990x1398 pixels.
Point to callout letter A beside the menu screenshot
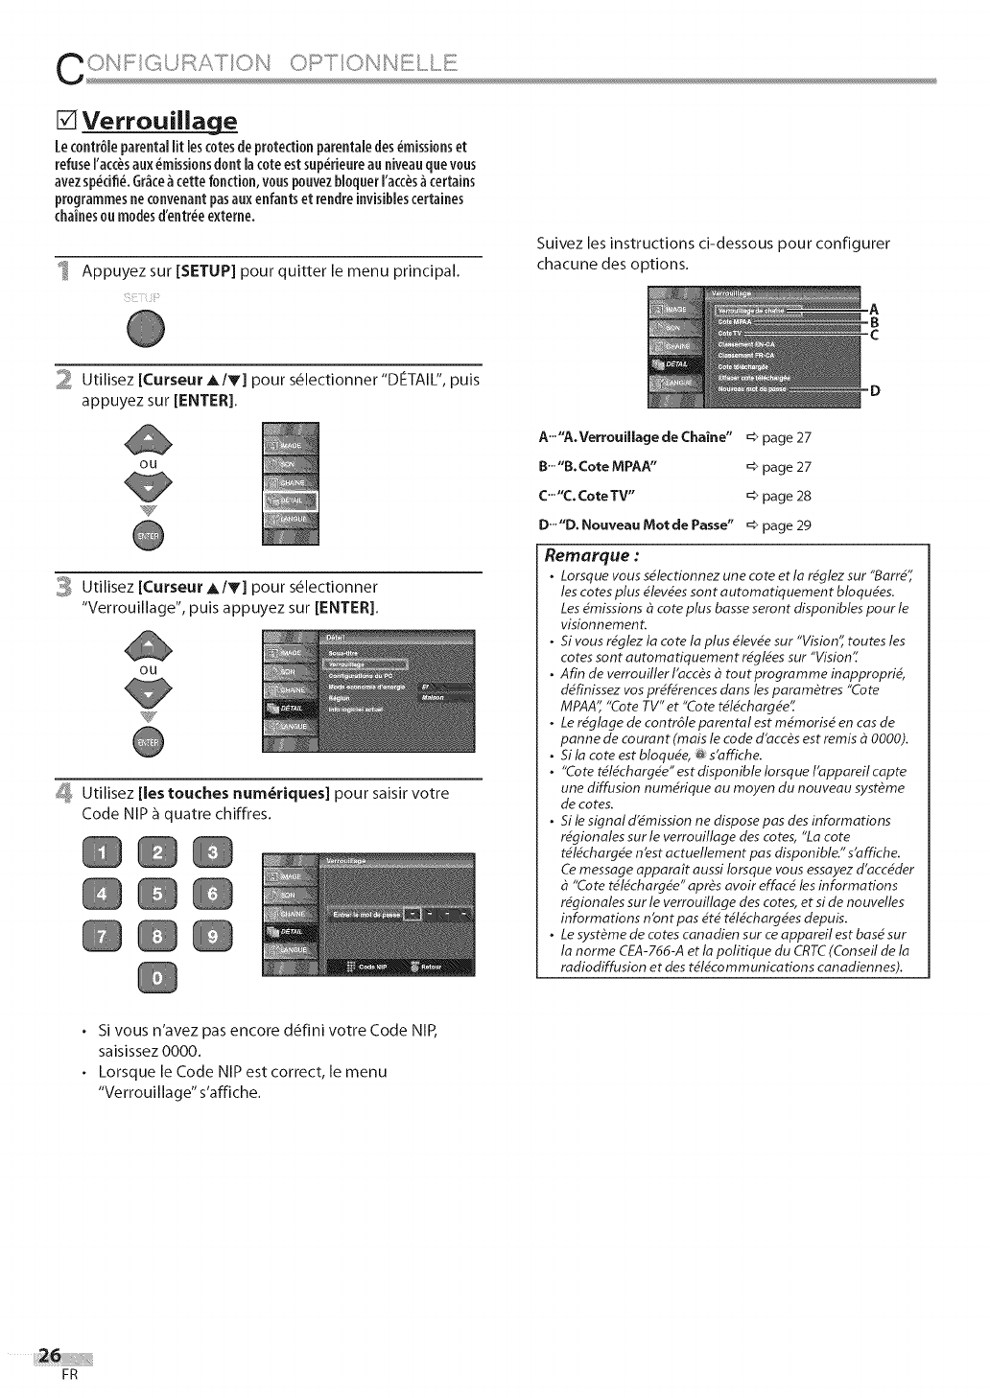pos(873,309)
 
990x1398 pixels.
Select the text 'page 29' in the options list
pos(786,525)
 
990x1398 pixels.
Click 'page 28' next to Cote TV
pos(786,497)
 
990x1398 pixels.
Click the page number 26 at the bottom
pos(48,1355)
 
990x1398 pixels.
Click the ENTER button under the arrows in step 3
pos(150,742)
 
